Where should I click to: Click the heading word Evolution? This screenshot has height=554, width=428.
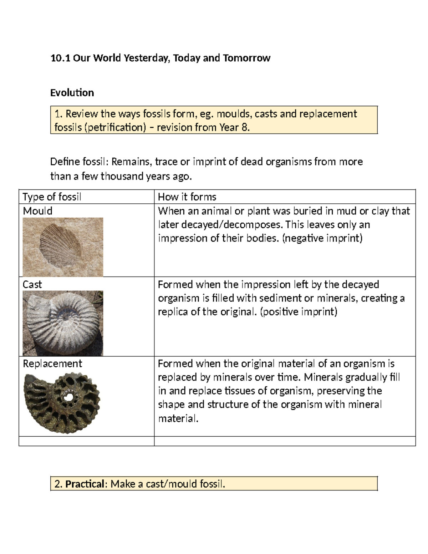tap(72, 93)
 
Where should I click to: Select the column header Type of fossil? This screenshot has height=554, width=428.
tap(52, 197)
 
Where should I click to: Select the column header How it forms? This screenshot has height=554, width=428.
tap(187, 197)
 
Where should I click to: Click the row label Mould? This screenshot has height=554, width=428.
tap(37, 211)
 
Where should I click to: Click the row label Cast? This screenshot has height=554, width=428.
tap(32, 284)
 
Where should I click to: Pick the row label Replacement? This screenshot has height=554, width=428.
tap(52, 364)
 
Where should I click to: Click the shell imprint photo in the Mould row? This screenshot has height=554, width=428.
tap(63, 246)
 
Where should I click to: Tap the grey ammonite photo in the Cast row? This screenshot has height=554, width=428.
tap(63, 323)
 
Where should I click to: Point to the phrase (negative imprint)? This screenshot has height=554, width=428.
tap(322, 238)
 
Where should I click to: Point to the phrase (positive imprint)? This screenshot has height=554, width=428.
tap(299, 312)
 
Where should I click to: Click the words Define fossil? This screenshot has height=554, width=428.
tap(78, 162)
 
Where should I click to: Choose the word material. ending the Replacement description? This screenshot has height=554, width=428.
tap(178, 418)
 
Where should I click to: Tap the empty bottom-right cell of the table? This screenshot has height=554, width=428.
tap(285, 441)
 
